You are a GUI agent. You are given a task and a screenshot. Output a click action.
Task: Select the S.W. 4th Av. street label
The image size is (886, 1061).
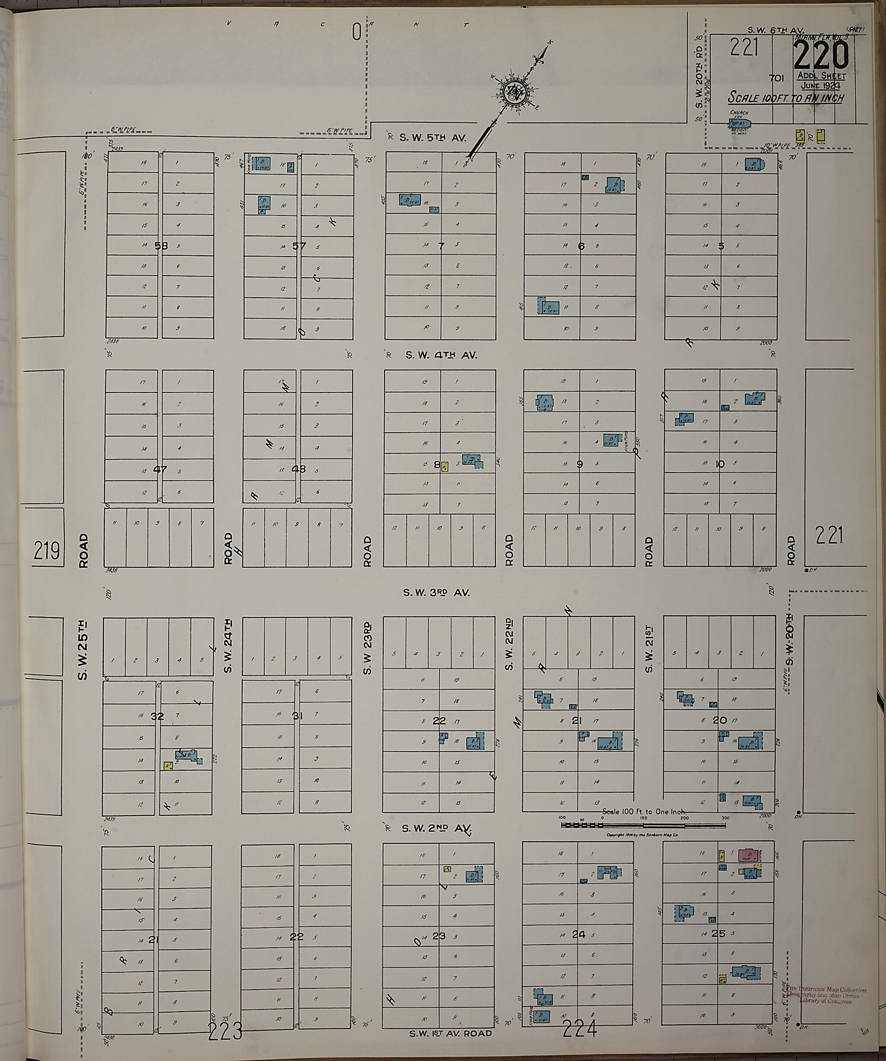tap(441, 355)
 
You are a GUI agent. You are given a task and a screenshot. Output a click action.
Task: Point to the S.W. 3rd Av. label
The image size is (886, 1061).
tap(436, 593)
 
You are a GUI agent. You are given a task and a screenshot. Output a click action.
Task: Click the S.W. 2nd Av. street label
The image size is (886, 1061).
tap(437, 829)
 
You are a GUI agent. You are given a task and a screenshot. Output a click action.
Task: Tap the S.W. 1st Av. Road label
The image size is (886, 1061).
tap(451, 1034)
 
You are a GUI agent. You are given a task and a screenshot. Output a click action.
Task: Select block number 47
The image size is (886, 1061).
tap(160, 469)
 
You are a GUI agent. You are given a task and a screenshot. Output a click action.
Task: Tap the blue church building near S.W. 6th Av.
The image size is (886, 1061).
tap(738, 123)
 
